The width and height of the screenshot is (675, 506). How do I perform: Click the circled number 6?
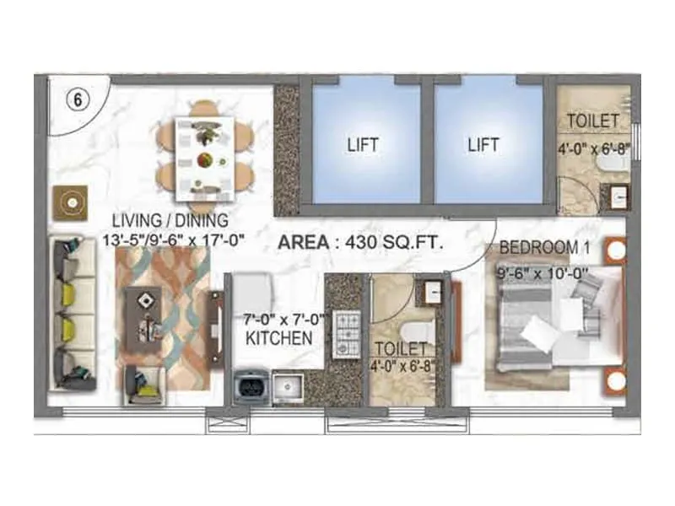77,98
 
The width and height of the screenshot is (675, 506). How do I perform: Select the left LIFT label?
363,144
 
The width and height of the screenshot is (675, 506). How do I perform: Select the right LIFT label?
483,144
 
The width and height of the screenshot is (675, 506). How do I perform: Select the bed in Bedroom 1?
548,325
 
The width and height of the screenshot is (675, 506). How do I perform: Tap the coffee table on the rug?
145,316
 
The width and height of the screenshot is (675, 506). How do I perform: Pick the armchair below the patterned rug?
143,385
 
